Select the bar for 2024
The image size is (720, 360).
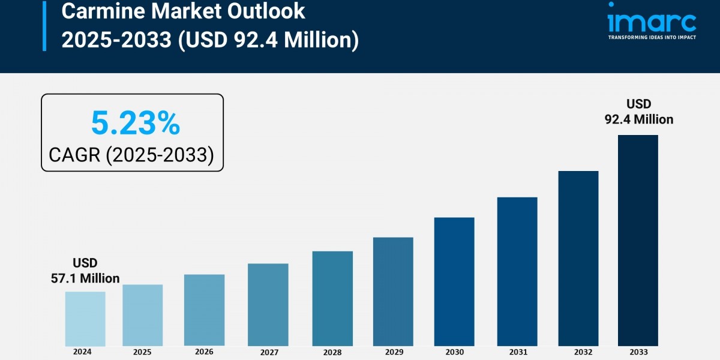[x=85, y=319]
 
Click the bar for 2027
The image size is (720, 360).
[x=268, y=305]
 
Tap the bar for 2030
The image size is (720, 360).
[x=454, y=281]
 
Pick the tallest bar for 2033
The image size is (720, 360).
[x=638, y=240]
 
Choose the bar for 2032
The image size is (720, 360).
[x=578, y=258]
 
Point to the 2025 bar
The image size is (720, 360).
[x=143, y=315]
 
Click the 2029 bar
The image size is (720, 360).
[x=393, y=292]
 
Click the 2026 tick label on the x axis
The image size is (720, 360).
[x=204, y=352]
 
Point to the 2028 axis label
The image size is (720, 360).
[x=332, y=352]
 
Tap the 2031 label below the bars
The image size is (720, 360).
[x=517, y=352]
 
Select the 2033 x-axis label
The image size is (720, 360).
[x=638, y=352]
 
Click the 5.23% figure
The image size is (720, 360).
[x=135, y=124]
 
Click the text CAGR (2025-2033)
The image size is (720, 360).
[x=131, y=155]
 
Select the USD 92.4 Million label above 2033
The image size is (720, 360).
[x=638, y=112]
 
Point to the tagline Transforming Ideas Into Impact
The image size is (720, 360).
[x=652, y=37]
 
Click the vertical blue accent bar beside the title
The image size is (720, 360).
[x=44, y=25]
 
